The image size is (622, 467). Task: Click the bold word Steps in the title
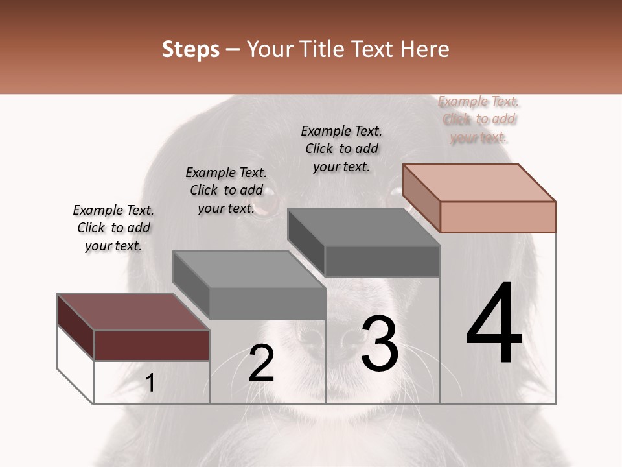(190, 49)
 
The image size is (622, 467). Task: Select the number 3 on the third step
(380, 344)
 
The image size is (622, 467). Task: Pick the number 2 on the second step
(261, 363)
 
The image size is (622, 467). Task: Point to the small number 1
(150, 383)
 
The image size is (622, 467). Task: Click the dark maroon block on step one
(152, 344)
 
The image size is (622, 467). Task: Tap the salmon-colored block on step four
(498, 216)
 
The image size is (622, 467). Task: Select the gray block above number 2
(267, 302)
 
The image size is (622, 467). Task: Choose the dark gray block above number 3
(382, 261)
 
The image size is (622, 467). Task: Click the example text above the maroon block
(113, 228)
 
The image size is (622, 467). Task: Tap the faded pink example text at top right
(479, 119)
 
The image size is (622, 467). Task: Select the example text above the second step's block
(226, 190)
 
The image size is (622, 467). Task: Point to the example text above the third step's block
(341, 149)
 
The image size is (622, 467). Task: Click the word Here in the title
(426, 49)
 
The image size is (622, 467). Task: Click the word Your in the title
(272, 49)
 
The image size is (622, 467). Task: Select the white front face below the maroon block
(152, 382)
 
